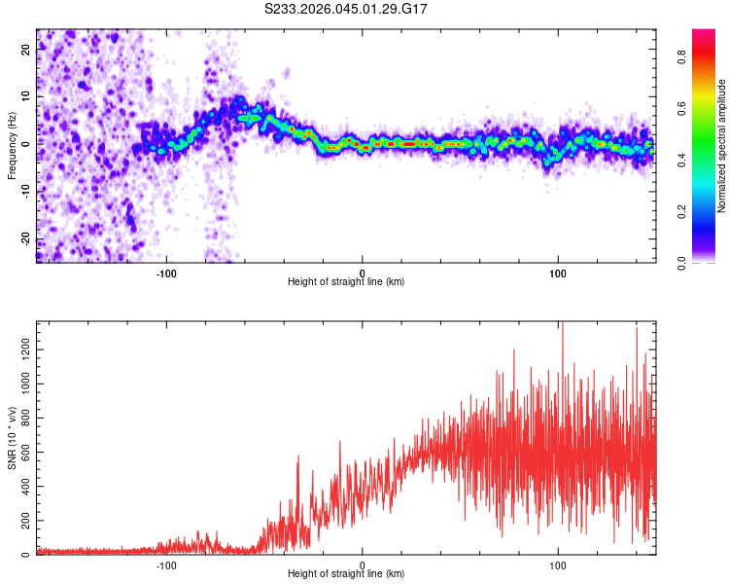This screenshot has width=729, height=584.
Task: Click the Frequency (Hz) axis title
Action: click(x=13, y=146)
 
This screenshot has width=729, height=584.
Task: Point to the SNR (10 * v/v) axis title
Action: click(x=13, y=439)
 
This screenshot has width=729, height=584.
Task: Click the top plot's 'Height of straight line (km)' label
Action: click(x=346, y=282)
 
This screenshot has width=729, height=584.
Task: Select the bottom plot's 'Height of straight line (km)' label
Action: click(x=346, y=574)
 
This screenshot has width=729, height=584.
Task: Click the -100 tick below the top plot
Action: click(x=166, y=273)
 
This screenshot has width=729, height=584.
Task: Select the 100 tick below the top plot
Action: click(x=558, y=273)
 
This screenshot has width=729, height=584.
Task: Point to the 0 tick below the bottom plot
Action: click(x=363, y=565)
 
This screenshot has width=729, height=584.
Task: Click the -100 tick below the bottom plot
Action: click(x=166, y=565)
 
